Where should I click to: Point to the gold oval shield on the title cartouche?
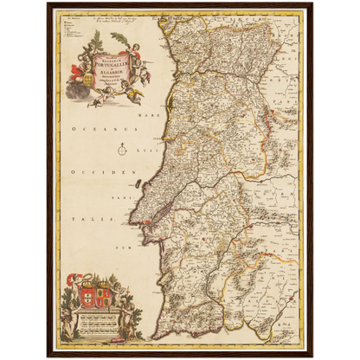(85, 86)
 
